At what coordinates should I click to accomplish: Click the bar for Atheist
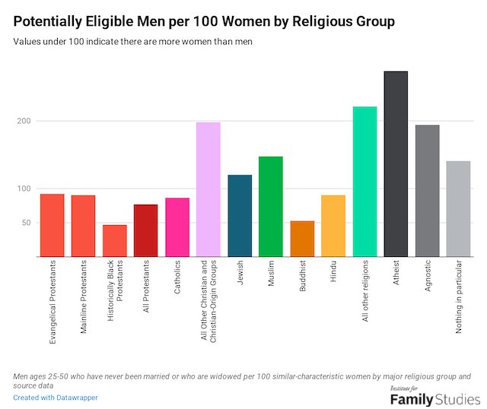click(396, 164)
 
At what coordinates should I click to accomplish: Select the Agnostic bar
click(427, 191)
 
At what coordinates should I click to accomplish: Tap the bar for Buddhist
click(302, 239)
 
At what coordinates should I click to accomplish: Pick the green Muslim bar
click(271, 207)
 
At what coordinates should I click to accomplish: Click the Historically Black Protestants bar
click(115, 241)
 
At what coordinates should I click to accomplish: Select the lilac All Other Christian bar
click(208, 189)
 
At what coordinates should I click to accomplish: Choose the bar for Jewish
click(240, 216)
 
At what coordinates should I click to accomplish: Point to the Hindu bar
click(333, 226)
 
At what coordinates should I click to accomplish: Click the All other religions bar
click(364, 182)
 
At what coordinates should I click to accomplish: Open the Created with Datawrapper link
click(56, 398)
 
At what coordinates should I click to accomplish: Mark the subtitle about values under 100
click(133, 41)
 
